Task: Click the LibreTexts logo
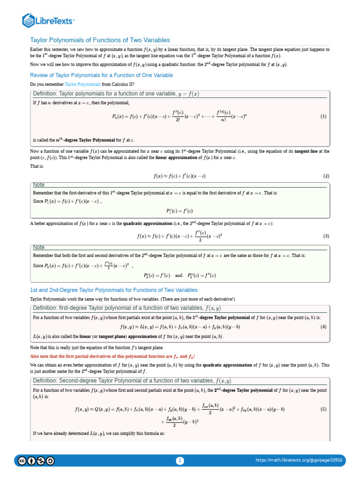[x=48, y=20]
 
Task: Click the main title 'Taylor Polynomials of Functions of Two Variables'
[x=100, y=40]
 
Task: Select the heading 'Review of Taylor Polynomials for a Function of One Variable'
[x=101, y=75]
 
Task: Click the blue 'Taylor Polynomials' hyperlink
[x=82, y=84]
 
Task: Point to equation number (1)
[x=323, y=116]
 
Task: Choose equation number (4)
[x=323, y=326]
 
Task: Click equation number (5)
[x=323, y=409]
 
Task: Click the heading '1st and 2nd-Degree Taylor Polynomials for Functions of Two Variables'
[x=114, y=290]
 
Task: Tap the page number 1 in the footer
[x=180, y=461]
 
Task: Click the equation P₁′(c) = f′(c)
[x=180, y=211]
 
